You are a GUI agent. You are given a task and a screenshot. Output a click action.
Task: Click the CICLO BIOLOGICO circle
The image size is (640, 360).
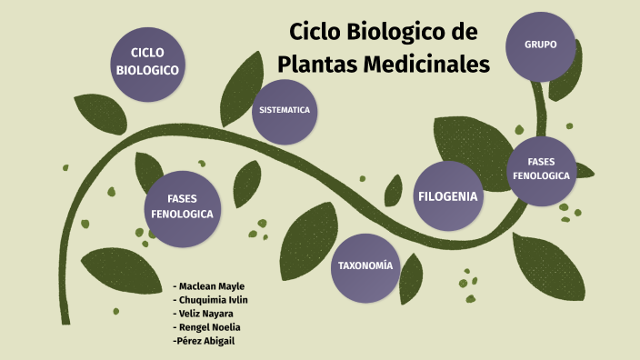(x=147, y=62)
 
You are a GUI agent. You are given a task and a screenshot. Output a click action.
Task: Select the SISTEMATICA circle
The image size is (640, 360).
(x=285, y=111)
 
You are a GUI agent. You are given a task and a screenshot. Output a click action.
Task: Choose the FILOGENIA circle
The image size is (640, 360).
(x=448, y=196)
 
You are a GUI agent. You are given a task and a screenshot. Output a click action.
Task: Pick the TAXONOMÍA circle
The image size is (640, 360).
(x=365, y=266)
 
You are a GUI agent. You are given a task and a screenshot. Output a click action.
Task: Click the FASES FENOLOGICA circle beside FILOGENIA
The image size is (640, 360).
(x=541, y=169)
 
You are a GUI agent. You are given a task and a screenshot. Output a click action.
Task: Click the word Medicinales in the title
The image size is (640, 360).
(x=427, y=65)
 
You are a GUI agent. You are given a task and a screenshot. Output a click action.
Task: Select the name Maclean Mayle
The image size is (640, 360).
(x=212, y=286)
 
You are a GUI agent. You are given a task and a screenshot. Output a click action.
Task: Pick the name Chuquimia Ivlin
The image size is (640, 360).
(x=215, y=300)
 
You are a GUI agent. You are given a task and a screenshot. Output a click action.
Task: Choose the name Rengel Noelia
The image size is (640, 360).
(x=210, y=327)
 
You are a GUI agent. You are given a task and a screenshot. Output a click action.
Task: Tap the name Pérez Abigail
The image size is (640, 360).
(x=207, y=341)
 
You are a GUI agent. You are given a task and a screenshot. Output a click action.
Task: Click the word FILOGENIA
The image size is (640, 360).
(x=448, y=196)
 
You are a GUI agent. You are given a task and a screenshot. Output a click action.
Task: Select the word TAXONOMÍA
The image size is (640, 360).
(x=365, y=266)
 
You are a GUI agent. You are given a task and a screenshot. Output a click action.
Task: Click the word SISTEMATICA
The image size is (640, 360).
(x=285, y=110)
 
